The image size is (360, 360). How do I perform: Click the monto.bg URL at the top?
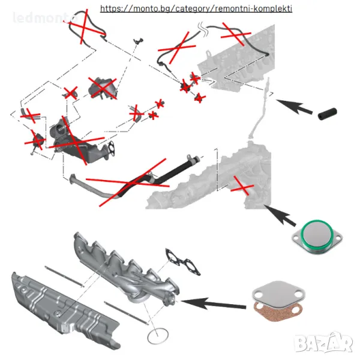[x=196, y=8]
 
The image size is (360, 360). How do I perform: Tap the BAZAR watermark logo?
[x=324, y=343]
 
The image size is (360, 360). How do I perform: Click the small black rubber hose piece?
[x=328, y=113]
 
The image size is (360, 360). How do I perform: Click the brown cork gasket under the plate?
[x=278, y=311]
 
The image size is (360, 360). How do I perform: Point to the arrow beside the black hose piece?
[x=295, y=107]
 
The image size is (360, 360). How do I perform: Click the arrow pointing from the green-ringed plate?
[x=280, y=215]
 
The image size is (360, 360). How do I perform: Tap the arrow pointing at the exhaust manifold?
[x=214, y=304]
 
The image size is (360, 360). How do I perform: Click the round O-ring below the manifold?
[x=157, y=335]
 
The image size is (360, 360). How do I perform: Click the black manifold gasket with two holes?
[x=183, y=262]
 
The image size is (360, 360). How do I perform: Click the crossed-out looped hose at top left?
[x=87, y=26]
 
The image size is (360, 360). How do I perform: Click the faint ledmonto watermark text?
[x=45, y=17]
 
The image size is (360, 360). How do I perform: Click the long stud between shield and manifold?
[x=64, y=277]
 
